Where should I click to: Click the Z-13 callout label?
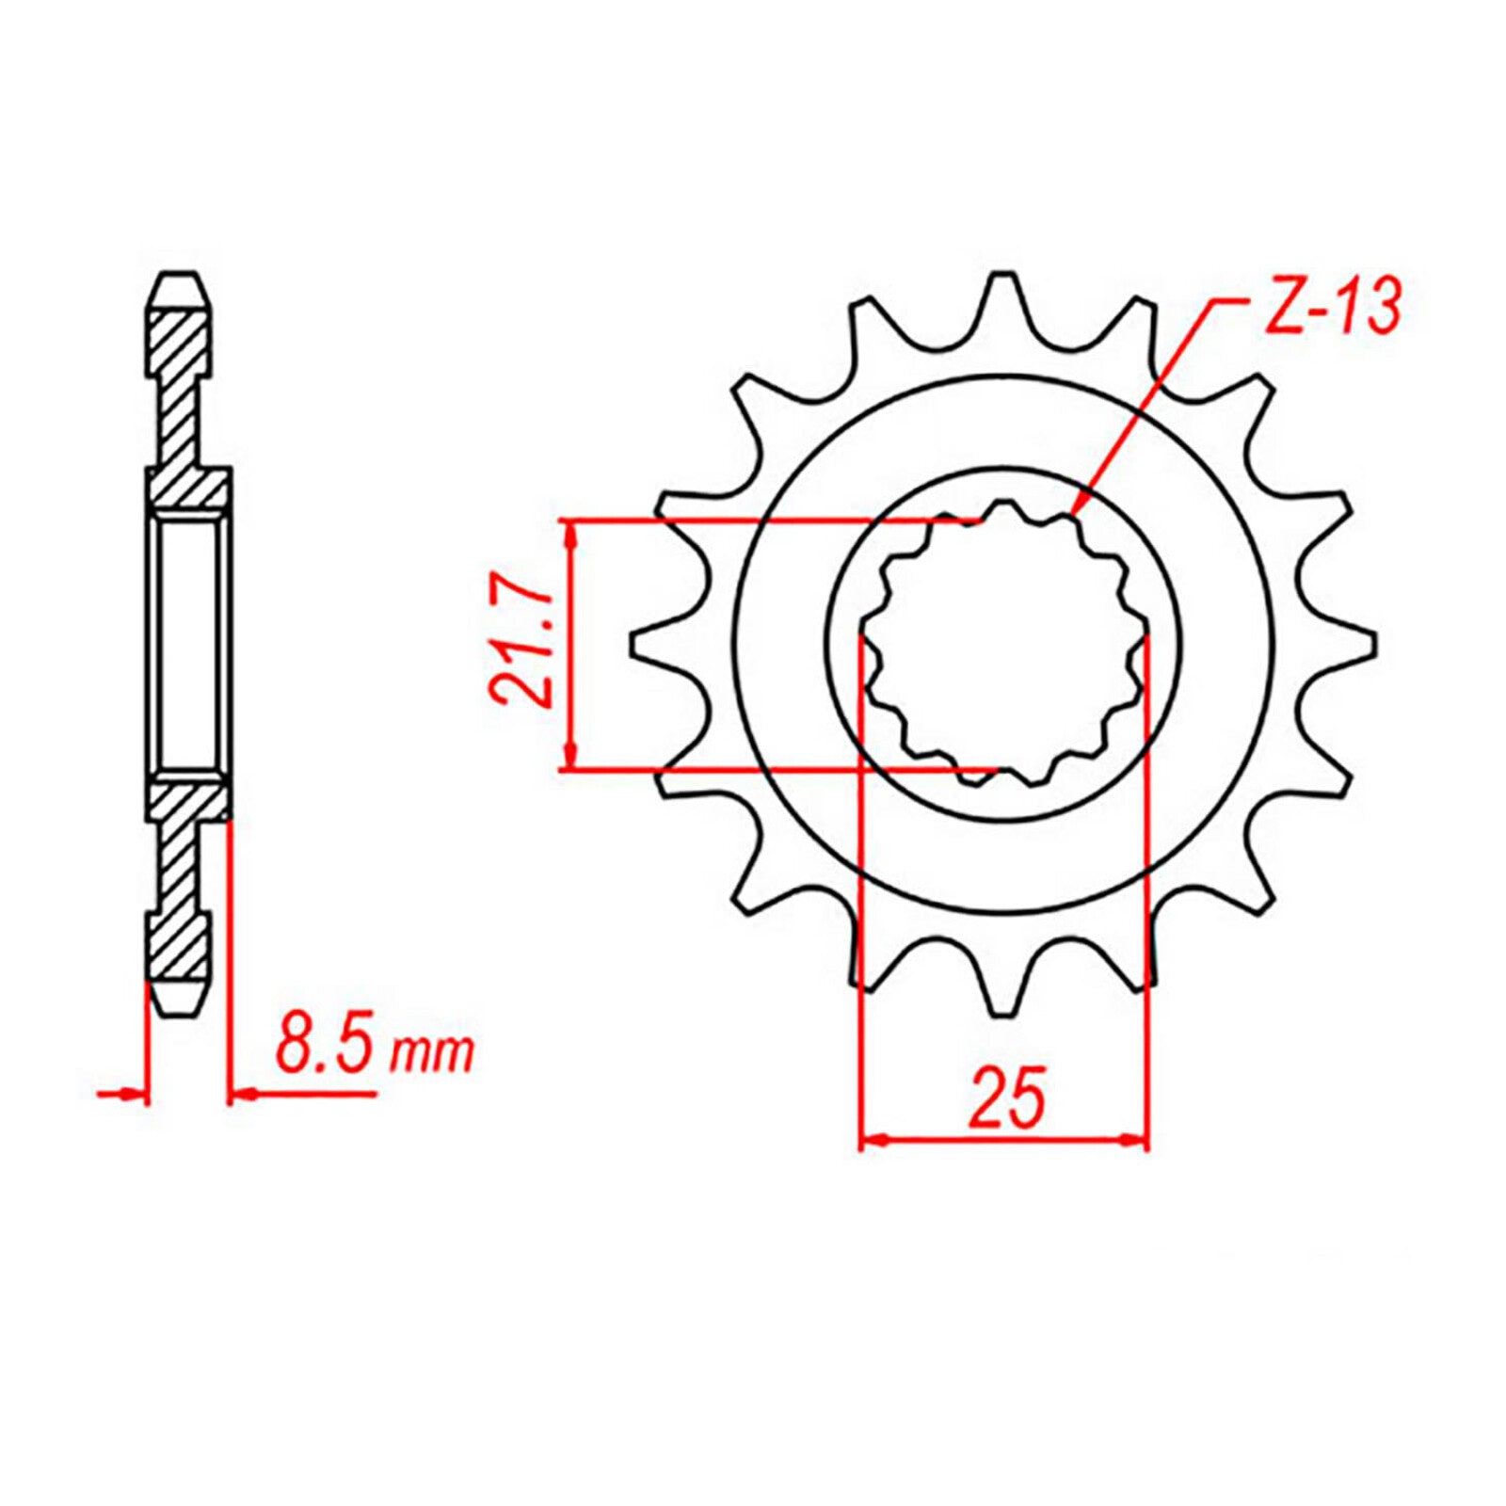[1332, 308]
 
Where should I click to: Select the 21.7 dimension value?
[521, 644]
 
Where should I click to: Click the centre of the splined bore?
[1003, 644]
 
